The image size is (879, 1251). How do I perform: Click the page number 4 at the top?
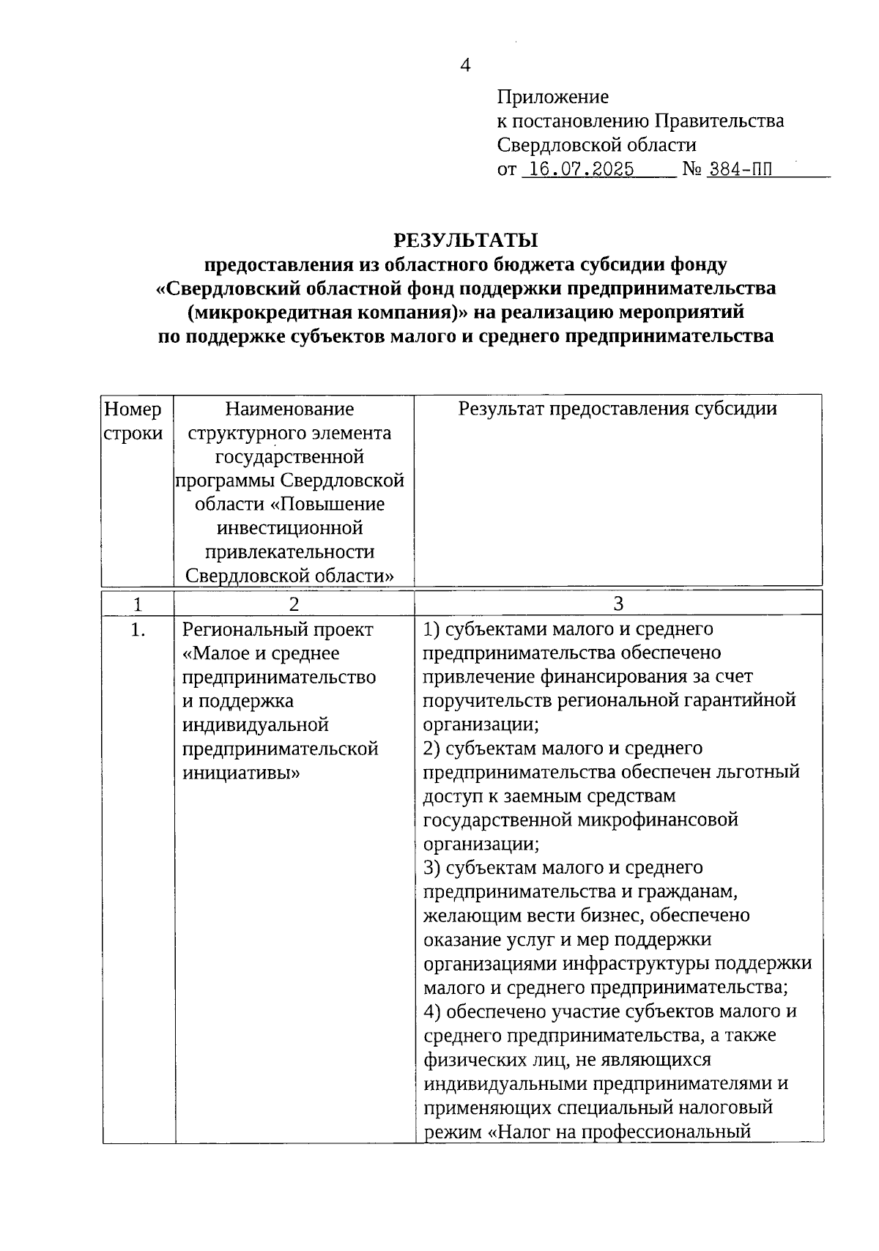[x=465, y=66]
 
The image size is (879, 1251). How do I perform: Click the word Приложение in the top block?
[x=552, y=97]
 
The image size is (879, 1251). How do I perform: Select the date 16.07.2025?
[x=581, y=169]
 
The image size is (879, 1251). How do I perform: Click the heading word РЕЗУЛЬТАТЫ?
[x=466, y=240]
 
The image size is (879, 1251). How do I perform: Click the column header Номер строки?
[x=133, y=420]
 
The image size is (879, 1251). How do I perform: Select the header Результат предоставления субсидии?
[x=617, y=409]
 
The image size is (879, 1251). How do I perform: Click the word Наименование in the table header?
[x=289, y=409]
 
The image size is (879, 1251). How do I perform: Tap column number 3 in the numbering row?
[x=618, y=604]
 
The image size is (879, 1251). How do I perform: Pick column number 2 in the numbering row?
[x=294, y=604]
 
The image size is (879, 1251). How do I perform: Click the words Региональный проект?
[x=278, y=629]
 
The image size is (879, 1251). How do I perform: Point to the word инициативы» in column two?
[x=241, y=773]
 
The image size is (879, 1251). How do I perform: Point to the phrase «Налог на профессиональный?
[x=619, y=1132]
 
